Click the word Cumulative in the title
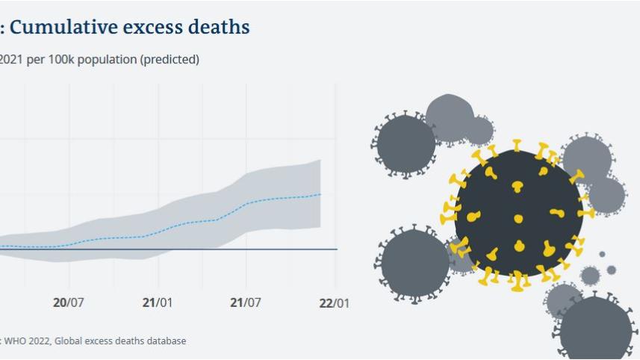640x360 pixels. click(60, 28)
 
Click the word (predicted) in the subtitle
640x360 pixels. click(170, 60)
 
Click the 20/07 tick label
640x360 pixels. click(69, 303)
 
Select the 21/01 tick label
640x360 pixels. click(157, 303)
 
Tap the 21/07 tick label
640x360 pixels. click(246, 303)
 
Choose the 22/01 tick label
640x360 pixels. click(334, 303)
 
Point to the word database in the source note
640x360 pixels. click(167, 341)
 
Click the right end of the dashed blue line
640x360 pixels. click(320, 194)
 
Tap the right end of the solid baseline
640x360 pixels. click(337, 249)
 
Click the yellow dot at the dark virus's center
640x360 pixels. click(518, 219)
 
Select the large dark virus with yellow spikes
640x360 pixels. click(518, 213)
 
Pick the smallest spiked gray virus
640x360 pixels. click(590, 276)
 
